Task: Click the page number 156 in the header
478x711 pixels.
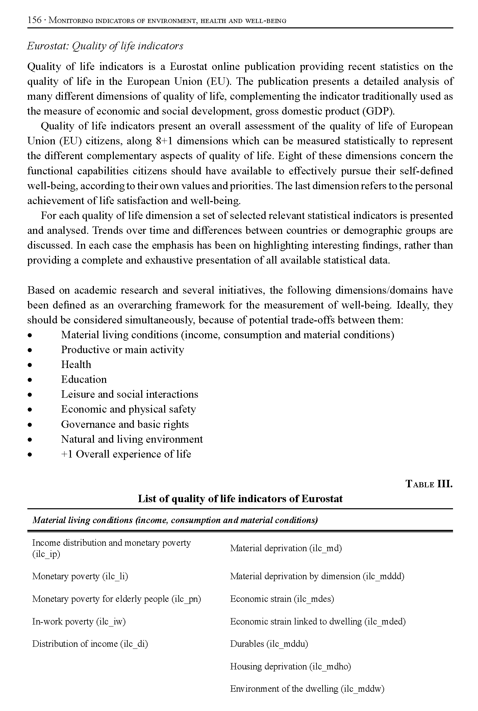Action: (x=34, y=20)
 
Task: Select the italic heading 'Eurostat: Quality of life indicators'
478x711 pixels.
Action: (x=105, y=46)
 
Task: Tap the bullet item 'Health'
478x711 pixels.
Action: (x=76, y=365)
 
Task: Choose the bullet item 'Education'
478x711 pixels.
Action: (x=84, y=379)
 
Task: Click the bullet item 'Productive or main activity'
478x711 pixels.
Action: (x=122, y=350)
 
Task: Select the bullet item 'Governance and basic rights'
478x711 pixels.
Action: (x=125, y=424)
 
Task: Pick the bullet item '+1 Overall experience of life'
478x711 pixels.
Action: (x=126, y=454)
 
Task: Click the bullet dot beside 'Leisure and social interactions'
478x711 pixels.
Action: (x=30, y=395)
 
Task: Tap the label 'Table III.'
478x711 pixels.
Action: (x=429, y=484)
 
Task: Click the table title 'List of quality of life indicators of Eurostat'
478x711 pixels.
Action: (x=240, y=499)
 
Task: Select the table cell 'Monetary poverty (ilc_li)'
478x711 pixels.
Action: (x=80, y=576)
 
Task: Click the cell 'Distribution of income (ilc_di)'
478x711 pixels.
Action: (x=90, y=644)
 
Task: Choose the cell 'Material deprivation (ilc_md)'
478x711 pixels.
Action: (x=286, y=548)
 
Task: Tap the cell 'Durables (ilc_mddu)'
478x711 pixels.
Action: (x=269, y=644)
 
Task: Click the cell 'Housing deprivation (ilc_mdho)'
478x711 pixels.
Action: (x=291, y=666)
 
